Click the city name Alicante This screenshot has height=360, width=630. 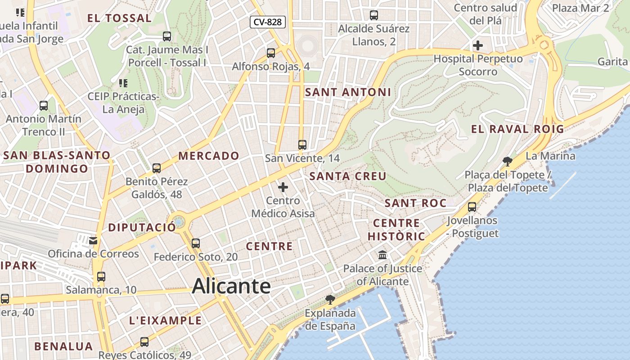coord(231,287)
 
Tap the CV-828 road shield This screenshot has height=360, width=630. coord(268,22)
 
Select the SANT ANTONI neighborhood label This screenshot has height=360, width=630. coord(348,92)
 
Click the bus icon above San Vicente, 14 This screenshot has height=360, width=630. coord(302,145)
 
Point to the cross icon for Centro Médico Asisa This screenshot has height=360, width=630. coord(283,187)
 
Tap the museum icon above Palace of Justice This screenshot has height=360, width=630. coord(382,255)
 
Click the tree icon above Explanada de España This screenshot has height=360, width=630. coord(330,300)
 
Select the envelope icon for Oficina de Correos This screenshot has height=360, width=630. coord(93,241)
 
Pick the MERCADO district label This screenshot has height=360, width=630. coord(209,156)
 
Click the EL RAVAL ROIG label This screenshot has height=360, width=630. coord(517,129)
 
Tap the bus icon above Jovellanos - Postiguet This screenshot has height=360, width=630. coord(472,207)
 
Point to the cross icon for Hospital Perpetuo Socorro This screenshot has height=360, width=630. coord(478,45)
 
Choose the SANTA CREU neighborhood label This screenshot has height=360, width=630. coord(348,176)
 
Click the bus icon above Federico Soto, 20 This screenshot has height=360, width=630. coord(196,243)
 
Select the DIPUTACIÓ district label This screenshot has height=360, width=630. coord(142,227)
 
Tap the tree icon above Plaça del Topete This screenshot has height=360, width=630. coord(508,161)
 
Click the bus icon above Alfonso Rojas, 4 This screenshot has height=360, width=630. coord(271,53)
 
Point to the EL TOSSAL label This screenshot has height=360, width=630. coord(119,18)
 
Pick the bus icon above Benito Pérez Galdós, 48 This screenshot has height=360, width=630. coord(157,168)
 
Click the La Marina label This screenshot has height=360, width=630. coord(550,156)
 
